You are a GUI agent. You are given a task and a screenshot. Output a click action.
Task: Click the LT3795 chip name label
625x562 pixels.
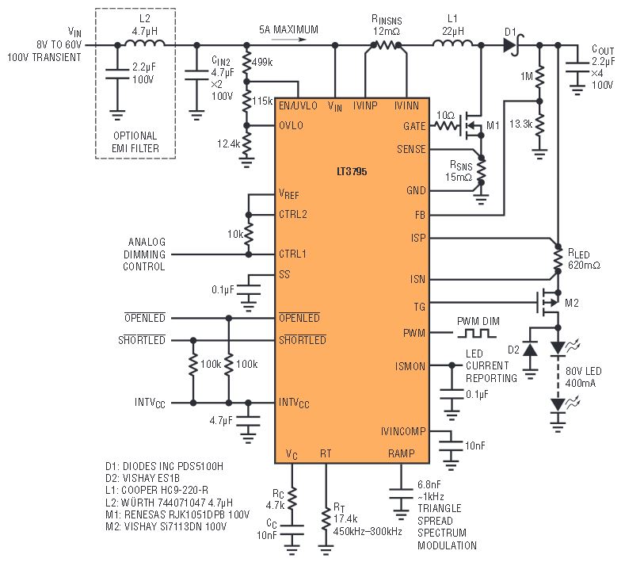352,171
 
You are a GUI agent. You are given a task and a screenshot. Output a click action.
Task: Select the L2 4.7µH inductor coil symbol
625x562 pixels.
145,42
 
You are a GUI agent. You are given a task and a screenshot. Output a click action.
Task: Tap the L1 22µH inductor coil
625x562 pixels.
452,42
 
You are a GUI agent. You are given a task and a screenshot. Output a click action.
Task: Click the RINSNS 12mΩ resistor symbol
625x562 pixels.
386,45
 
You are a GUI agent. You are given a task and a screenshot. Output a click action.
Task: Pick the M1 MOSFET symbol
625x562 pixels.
472,126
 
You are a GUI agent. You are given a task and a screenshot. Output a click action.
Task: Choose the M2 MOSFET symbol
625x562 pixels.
548,303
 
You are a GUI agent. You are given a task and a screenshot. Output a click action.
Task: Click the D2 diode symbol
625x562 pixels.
530,350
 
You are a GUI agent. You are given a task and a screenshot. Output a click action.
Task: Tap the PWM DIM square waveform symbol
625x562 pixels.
477,333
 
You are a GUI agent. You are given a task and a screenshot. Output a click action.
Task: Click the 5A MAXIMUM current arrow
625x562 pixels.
288,39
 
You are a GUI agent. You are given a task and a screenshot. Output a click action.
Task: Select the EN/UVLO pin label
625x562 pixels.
298,105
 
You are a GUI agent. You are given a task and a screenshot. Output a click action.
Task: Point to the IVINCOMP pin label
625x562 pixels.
403,431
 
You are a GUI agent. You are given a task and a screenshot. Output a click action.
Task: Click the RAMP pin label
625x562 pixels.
402,453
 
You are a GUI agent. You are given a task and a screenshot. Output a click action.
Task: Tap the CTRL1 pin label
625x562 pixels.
292,254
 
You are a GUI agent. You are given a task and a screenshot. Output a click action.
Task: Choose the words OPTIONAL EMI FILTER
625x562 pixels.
135,142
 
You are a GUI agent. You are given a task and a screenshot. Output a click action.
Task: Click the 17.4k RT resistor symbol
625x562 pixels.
326,518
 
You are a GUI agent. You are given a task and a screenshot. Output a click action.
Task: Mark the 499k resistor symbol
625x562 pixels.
246,63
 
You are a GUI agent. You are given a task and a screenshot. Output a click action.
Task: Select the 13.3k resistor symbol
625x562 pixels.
539,124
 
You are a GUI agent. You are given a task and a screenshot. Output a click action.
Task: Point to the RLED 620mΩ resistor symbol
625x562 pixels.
558,259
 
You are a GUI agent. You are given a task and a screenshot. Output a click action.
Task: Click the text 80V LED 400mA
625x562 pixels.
583,377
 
